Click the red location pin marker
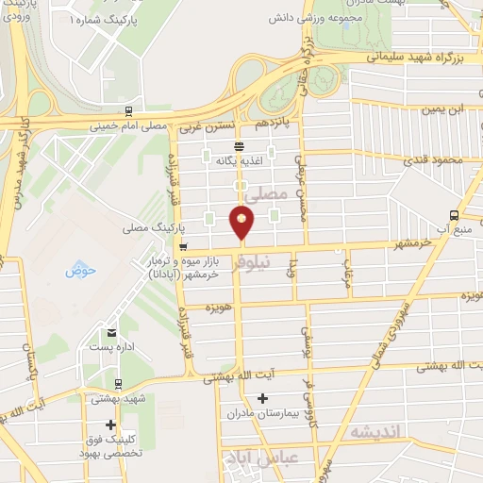pyautogui.click(x=242, y=222)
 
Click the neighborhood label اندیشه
pyautogui.click(x=375, y=431)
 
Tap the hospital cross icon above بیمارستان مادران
pyautogui.click(x=263, y=398)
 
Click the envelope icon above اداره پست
pyautogui.click(x=112, y=333)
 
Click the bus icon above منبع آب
pyautogui.click(x=455, y=213)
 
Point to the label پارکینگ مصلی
pyautogui.click(x=152, y=228)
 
